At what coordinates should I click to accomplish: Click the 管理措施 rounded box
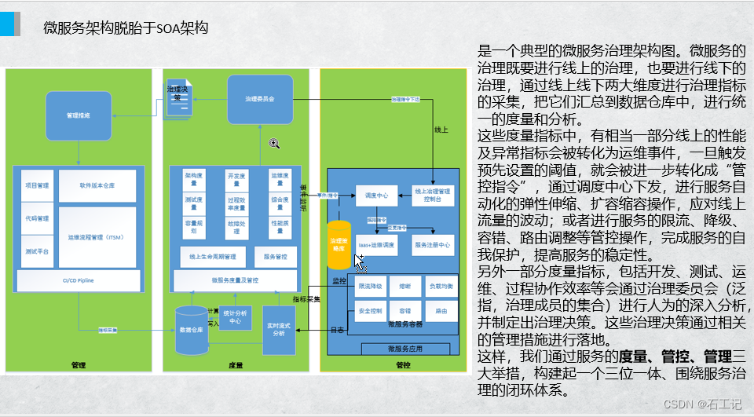78,115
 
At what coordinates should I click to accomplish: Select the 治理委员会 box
260,99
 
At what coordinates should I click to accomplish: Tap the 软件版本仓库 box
97,186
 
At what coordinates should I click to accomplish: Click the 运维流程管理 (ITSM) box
97,236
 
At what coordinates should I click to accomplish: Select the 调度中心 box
378,194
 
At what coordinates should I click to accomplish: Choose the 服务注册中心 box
433,245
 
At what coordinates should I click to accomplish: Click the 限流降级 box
370,287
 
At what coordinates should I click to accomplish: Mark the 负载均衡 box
441,287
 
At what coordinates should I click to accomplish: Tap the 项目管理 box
37,186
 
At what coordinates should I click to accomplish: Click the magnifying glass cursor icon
274,142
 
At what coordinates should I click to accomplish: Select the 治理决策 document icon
178,97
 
